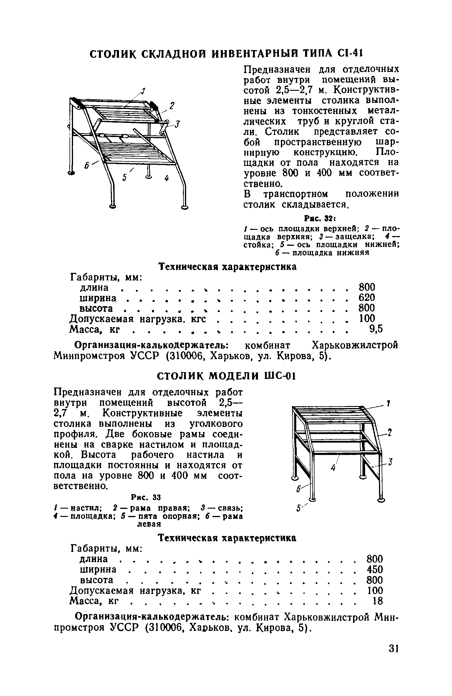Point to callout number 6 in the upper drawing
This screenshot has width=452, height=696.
point(87,166)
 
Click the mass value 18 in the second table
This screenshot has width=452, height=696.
point(378,601)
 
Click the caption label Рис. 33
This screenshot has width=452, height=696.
point(146,498)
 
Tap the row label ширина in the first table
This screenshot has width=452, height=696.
point(98,298)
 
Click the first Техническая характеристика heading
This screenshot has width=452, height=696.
point(227,267)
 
